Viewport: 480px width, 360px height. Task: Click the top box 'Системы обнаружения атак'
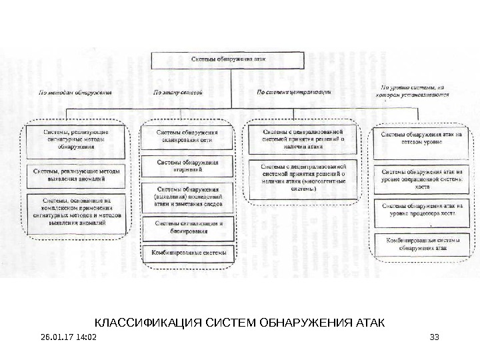pyautogui.click(x=229, y=59)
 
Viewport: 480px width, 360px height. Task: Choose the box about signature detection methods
pyautogui.click(x=76, y=140)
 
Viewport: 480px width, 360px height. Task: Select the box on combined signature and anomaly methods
pyautogui.click(x=76, y=211)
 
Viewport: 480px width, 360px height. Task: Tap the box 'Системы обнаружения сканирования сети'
pyautogui.click(x=187, y=137)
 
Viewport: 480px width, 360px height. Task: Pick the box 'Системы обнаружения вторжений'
pyautogui.click(x=187, y=166)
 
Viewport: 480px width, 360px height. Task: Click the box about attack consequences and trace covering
pyautogui.click(x=187, y=197)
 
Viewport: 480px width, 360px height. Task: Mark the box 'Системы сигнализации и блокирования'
pyautogui.click(x=187, y=227)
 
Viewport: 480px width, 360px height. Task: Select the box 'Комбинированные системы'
pyautogui.click(x=189, y=253)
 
